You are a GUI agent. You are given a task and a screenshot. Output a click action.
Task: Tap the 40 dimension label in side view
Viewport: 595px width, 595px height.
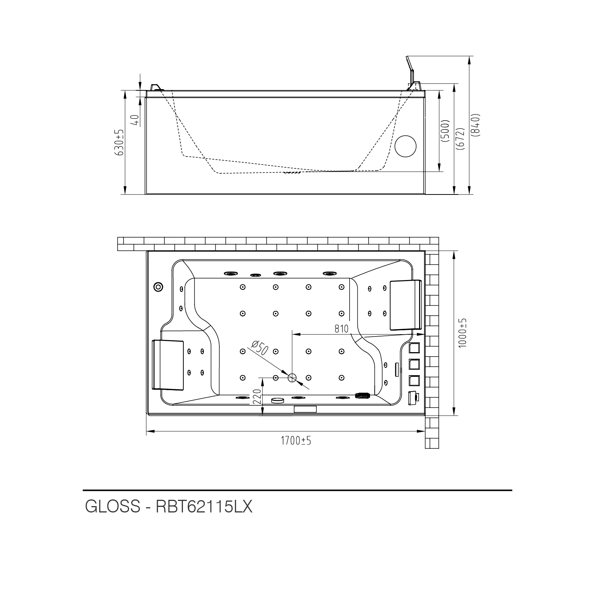click(135, 119)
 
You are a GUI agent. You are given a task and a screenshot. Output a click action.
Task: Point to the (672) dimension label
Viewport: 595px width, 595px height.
click(461, 139)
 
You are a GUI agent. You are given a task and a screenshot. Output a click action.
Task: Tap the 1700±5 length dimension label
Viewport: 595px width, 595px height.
click(296, 441)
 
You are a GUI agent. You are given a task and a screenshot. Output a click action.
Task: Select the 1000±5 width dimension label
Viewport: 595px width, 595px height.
click(463, 333)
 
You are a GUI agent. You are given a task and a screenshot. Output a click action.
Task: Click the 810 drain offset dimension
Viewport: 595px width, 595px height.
click(341, 329)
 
